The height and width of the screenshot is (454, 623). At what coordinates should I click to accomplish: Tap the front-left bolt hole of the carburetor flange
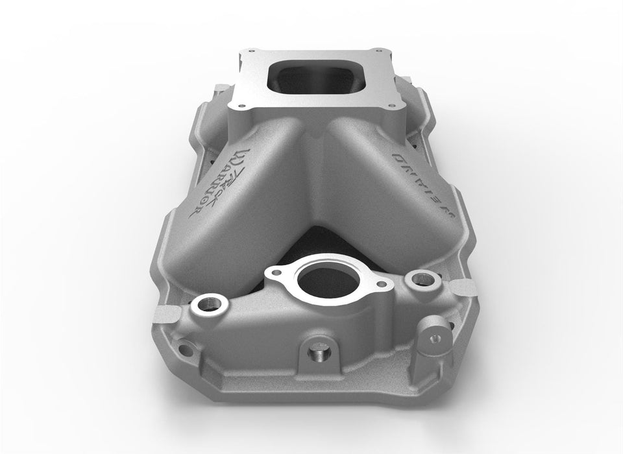(236, 99)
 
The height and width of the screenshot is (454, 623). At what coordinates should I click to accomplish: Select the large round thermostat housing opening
(321, 279)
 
